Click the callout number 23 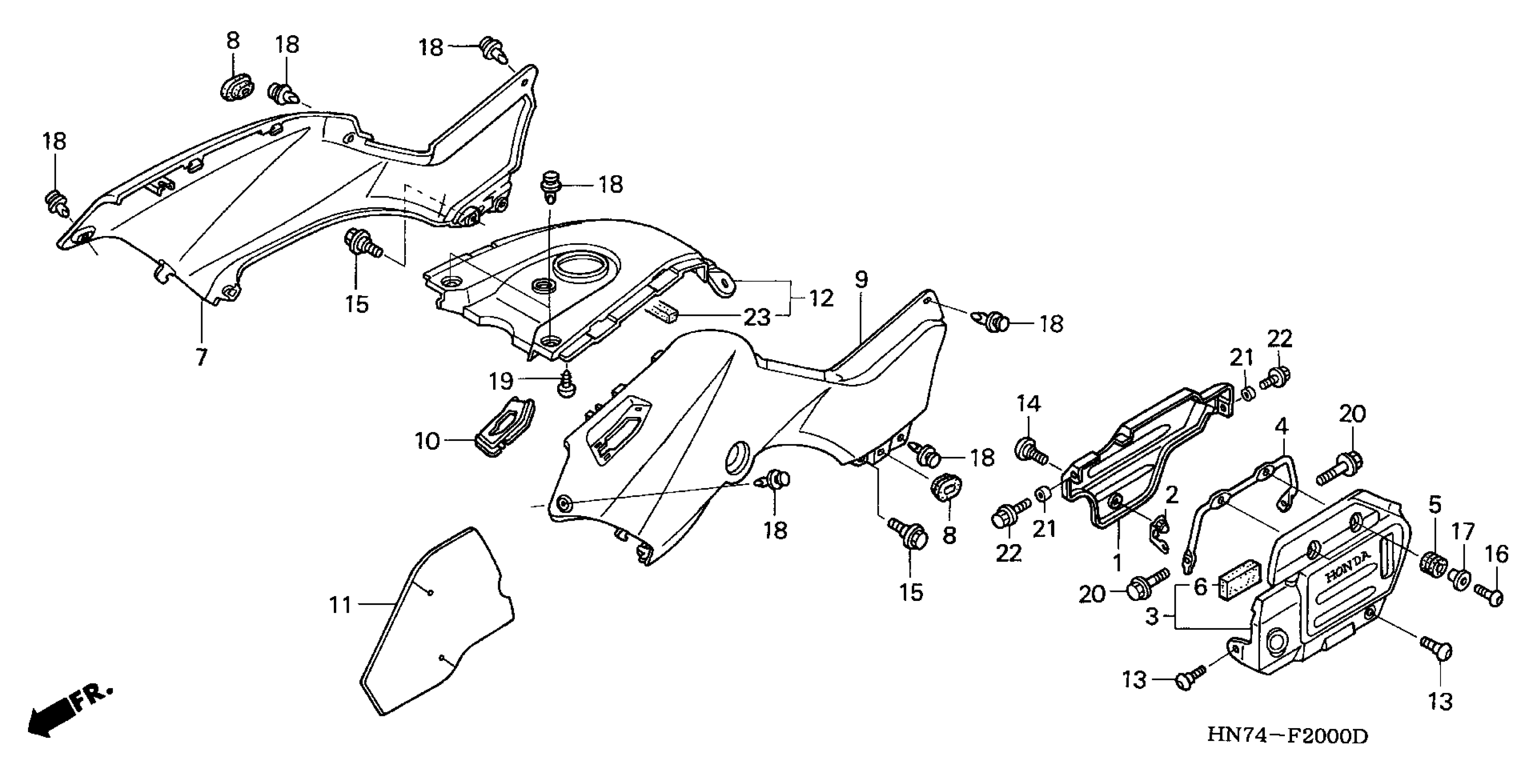click(757, 318)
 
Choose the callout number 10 click(427, 442)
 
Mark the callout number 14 click(1029, 404)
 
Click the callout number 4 click(1281, 427)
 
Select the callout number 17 click(1463, 531)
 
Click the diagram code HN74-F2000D click(1288, 735)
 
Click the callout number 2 click(1172, 495)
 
